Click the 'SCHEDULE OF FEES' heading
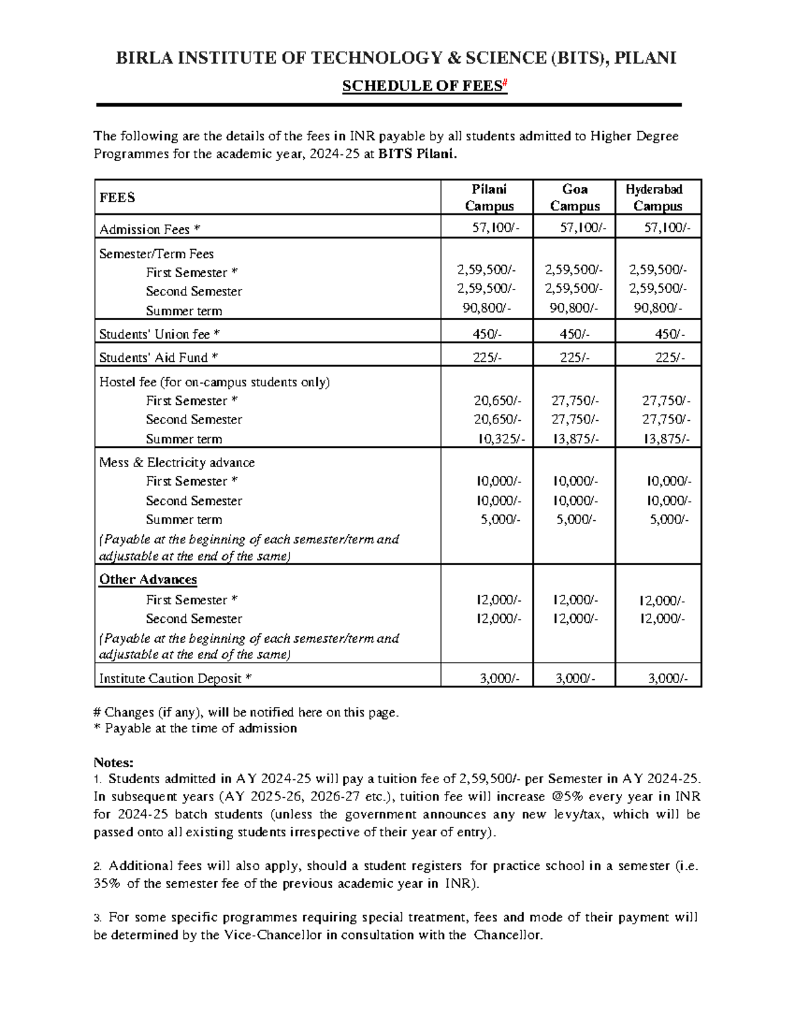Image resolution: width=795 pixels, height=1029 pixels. pyautogui.click(x=424, y=87)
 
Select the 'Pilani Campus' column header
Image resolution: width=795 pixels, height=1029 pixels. pyautogui.click(x=489, y=197)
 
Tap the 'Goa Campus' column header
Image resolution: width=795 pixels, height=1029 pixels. pyautogui.click(x=574, y=197)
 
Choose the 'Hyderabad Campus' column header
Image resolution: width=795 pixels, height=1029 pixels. pyautogui.click(x=657, y=197)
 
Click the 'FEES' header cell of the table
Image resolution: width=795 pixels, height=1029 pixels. pyautogui.click(x=117, y=197)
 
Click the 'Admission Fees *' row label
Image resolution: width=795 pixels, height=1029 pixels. pyautogui.click(x=149, y=229)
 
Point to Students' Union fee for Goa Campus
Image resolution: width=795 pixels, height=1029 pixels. pyautogui.click(x=574, y=335)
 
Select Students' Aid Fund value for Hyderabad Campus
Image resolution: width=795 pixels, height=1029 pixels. pyautogui.click(x=670, y=358)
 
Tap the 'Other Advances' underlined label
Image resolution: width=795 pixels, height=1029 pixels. pyautogui.click(x=148, y=579)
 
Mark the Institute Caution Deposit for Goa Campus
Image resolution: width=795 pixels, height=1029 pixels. pyautogui.click(x=575, y=678)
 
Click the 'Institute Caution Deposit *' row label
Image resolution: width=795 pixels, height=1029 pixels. pyautogui.click(x=175, y=678)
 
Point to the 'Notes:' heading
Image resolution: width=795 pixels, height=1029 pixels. pyautogui.click(x=113, y=762)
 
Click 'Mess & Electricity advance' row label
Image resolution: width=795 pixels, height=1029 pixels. pyautogui.click(x=176, y=462)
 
